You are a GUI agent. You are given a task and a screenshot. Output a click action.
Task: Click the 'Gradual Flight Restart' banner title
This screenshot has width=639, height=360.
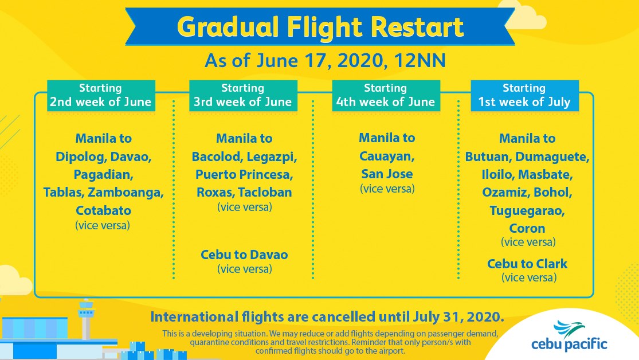pos(320,27)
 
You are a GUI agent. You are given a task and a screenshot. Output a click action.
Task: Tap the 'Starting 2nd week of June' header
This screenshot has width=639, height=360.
pos(101,95)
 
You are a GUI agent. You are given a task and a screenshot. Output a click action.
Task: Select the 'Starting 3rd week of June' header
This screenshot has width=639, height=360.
pos(243,95)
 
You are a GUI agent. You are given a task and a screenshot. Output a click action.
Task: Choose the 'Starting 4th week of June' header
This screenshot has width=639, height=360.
pos(386,95)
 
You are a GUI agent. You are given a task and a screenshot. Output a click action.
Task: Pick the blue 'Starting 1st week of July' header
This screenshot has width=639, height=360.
pos(524,95)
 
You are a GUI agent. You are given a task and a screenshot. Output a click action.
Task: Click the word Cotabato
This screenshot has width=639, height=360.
pos(104,210)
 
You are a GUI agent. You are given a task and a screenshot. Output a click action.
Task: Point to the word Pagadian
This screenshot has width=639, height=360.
pos(104,175)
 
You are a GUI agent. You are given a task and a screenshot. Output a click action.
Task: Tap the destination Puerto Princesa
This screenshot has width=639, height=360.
pos(244,174)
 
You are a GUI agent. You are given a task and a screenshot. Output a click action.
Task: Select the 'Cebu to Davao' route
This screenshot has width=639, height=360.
pos(244,255)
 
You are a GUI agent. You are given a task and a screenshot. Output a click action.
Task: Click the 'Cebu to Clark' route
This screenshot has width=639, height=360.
pos(527,264)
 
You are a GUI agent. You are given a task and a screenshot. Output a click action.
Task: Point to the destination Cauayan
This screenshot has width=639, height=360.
pos(387,156)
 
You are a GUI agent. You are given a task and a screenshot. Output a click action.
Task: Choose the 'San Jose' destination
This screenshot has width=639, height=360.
pos(387,174)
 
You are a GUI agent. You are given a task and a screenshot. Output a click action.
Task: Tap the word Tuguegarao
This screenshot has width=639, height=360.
pos(527,211)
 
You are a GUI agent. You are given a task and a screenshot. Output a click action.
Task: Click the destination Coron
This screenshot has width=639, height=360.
pos(527,228)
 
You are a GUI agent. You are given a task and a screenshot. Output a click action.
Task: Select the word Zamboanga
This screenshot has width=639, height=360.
pos(126,193)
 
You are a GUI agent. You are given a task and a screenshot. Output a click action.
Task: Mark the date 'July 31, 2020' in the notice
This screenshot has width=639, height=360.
pos(458,317)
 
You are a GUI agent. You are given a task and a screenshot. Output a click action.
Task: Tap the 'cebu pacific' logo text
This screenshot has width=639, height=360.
pos(569,345)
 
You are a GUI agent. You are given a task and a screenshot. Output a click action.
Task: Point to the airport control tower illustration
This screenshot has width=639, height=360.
pos(86,319)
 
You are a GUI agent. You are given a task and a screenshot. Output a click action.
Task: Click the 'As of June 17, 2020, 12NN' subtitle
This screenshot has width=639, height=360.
pos(325,61)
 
